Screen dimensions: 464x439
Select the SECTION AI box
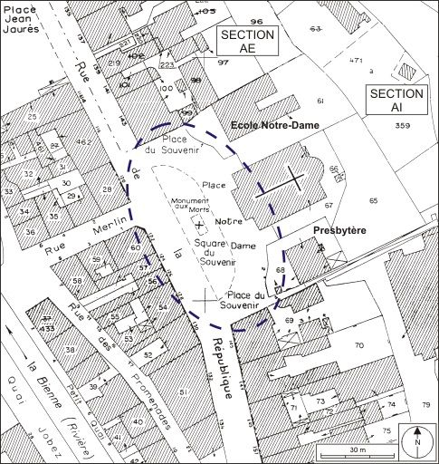(x=396, y=100)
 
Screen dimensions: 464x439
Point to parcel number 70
(x=358, y=345)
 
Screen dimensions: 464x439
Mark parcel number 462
(x=83, y=143)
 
